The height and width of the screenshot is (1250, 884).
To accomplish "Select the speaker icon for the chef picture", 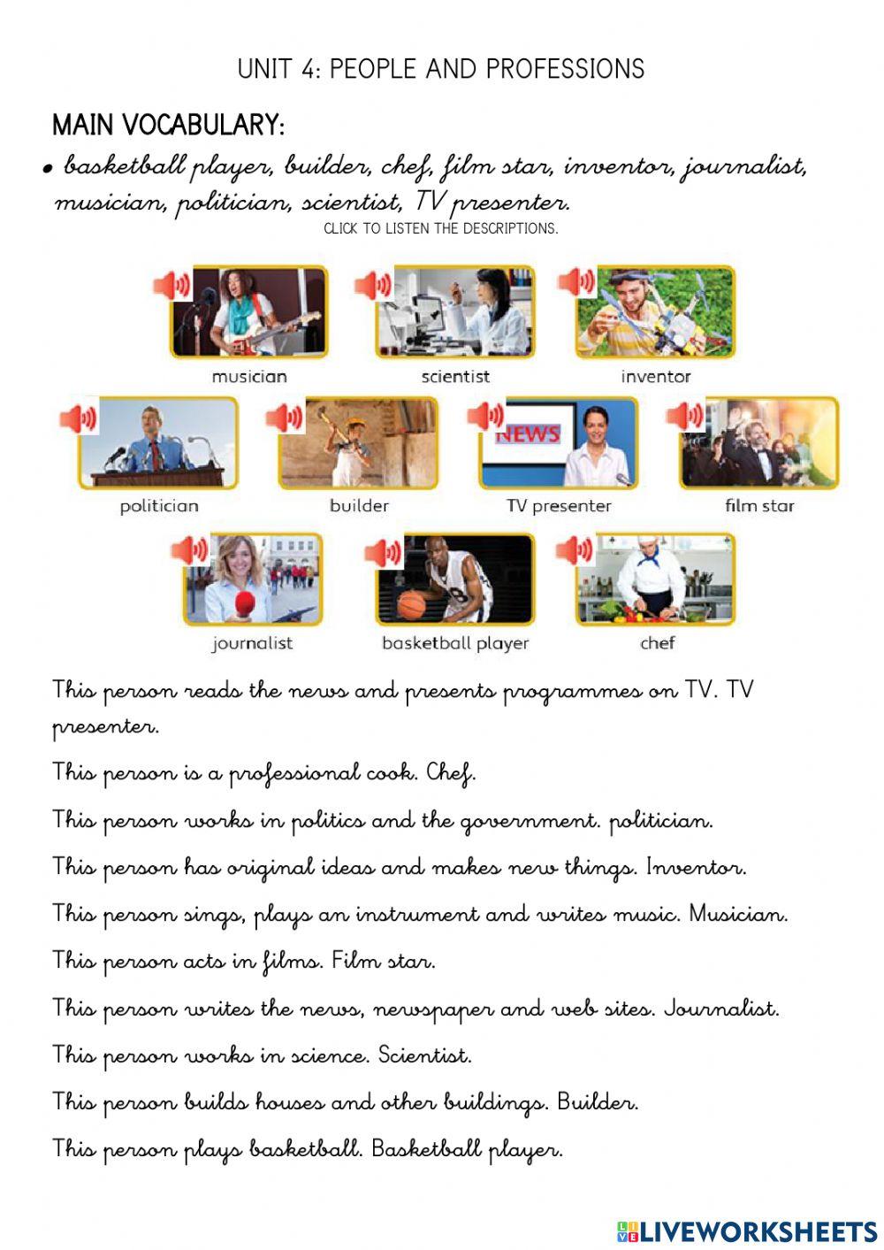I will [x=574, y=551].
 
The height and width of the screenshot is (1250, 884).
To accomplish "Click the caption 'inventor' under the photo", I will [x=655, y=376].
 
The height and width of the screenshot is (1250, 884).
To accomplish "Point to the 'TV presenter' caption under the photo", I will [x=558, y=506].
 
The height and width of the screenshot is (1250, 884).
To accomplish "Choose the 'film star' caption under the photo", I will [x=759, y=506].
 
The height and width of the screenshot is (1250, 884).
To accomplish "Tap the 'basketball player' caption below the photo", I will [x=454, y=643].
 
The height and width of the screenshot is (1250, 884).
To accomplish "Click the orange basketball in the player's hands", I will [x=412, y=604].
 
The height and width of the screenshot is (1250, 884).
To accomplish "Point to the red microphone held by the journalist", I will [x=244, y=604].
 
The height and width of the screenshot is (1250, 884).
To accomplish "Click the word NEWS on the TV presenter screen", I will [x=528, y=433].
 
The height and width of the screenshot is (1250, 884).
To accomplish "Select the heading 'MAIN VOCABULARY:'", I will [x=168, y=125].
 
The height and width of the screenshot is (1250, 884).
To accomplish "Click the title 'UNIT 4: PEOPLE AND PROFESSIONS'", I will [x=440, y=69].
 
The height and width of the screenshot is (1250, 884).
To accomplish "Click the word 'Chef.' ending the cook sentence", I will [x=451, y=773].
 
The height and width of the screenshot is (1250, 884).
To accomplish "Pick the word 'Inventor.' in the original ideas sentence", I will [x=697, y=867].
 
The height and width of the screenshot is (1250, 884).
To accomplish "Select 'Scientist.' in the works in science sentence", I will [x=424, y=1055].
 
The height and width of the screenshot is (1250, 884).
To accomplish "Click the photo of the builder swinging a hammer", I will [x=358, y=443].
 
